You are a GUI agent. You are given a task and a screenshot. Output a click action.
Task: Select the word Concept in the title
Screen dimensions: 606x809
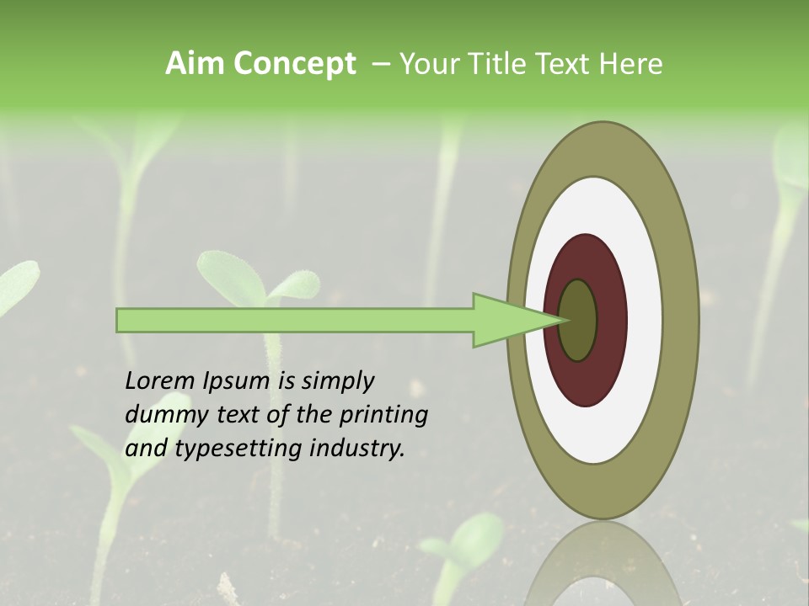294,64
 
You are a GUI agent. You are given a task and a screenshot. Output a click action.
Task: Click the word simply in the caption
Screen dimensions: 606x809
337,382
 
